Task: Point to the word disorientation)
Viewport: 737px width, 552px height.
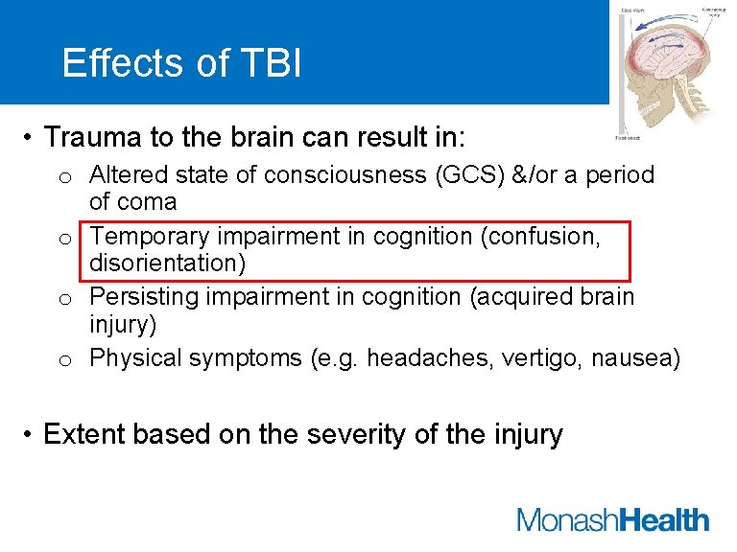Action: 170,263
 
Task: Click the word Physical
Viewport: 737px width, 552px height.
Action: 136,358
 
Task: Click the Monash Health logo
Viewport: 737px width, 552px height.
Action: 612,520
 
